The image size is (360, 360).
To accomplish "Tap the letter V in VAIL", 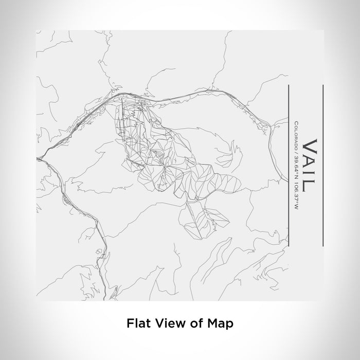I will coord(310,146).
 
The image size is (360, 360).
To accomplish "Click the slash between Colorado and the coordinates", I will coord(296,149).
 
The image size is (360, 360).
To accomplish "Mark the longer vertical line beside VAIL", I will coord(322,165).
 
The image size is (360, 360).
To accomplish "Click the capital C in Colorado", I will coord(296,123).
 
